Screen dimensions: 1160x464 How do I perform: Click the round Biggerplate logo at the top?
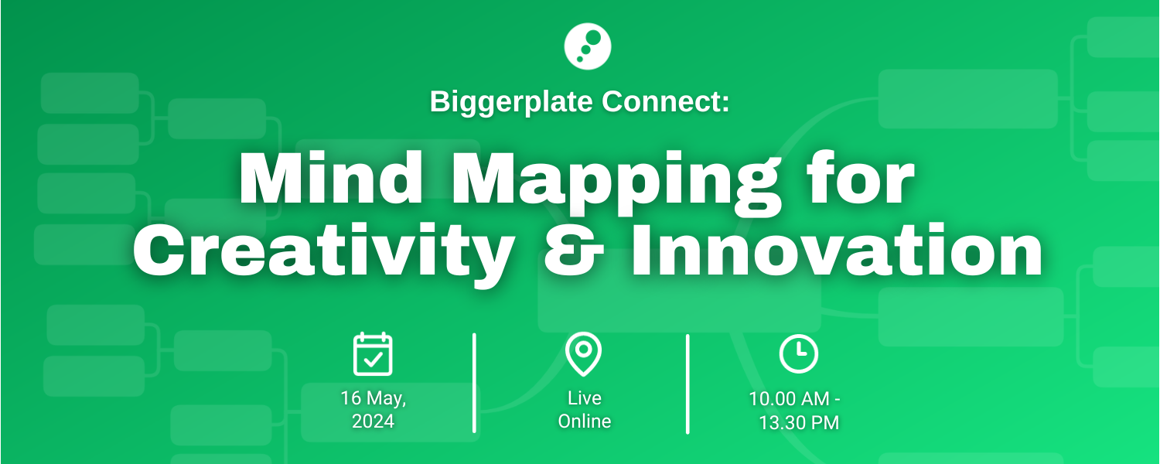pos(587,46)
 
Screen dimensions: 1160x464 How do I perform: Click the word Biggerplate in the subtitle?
pos(511,102)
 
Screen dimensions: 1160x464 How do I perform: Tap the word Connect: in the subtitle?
pos(665,101)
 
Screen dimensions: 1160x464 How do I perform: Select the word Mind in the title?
pos(331,178)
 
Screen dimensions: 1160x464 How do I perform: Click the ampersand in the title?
pos(574,251)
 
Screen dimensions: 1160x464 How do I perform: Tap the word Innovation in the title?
pos(836,250)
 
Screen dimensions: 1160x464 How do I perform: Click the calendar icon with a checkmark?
pos(373,354)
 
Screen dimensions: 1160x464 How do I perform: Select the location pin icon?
pos(583,353)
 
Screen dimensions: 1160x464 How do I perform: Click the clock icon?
pos(799,353)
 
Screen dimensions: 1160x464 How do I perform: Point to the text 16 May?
pos(373,398)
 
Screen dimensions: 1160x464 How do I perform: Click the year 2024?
pos(373,421)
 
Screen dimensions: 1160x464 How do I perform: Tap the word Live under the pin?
pos(584,397)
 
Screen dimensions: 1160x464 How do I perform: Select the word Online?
pos(584,421)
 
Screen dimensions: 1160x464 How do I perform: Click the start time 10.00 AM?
pos(789,399)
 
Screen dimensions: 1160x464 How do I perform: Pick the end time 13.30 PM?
pos(799,422)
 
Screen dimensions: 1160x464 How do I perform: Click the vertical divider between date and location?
pos(474,383)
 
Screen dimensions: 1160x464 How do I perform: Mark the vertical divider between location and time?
pos(687,384)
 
